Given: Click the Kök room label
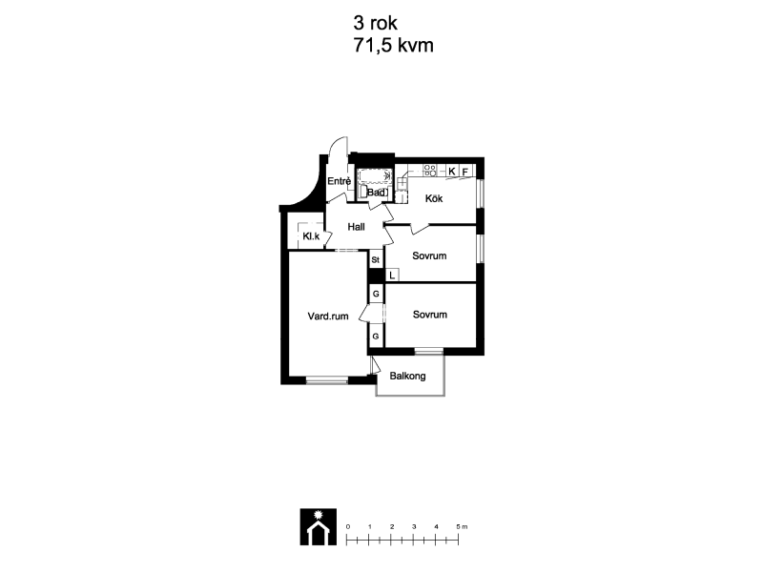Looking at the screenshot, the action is (434, 198).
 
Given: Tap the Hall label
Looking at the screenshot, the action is (356, 227).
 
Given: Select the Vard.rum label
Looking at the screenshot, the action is (328, 317).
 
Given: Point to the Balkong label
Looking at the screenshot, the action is (408, 376).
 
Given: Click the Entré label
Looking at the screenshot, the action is (339, 181).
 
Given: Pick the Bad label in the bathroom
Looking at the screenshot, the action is (376, 193).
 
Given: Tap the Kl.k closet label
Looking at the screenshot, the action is (311, 236).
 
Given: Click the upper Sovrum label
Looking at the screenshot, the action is (429, 255).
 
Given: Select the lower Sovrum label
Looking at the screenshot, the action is (430, 315).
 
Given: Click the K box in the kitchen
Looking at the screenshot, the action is (452, 171).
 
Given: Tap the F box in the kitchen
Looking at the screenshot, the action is (465, 172).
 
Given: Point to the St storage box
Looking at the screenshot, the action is (376, 260).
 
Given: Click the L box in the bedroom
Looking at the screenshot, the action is (392, 276).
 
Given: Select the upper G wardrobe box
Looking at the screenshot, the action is (376, 294).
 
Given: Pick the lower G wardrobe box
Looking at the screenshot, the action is (376, 337).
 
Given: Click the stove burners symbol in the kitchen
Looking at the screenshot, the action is (430, 171).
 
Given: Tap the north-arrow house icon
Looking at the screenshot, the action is (319, 527).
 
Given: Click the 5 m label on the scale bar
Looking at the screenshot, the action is (462, 527).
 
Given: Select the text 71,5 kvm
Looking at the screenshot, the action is (393, 45).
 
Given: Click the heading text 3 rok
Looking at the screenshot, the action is (375, 23).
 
